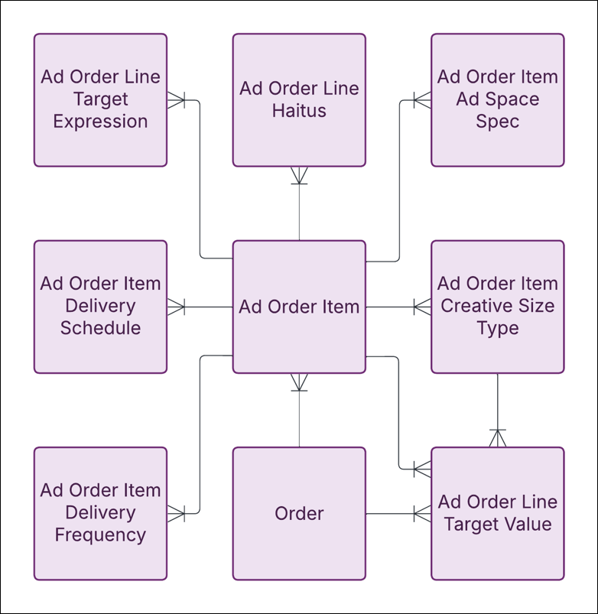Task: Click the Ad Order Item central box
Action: pos(299,307)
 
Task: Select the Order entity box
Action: pos(299,513)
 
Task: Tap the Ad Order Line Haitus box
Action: pos(299,99)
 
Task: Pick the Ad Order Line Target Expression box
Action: pos(100,99)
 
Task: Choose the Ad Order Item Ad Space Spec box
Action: pos(497,99)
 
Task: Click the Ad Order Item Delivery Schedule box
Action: pos(100,307)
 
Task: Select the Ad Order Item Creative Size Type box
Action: pos(497,307)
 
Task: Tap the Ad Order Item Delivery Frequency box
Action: pos(100,513)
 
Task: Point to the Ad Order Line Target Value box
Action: pos(497,513)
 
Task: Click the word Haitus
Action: pos(299,111)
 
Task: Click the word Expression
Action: pos(100,122)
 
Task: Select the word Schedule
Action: pos(100,329)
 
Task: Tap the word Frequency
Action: pos(100,535)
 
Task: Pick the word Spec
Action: pos(497,122)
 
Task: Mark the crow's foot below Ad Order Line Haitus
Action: pos(299,176)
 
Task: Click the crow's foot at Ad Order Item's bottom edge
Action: pos(299,382)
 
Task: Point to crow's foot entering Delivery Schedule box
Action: pos(176,307)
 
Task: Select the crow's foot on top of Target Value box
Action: pos(498,438)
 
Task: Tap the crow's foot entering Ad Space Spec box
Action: pos(422,99)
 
